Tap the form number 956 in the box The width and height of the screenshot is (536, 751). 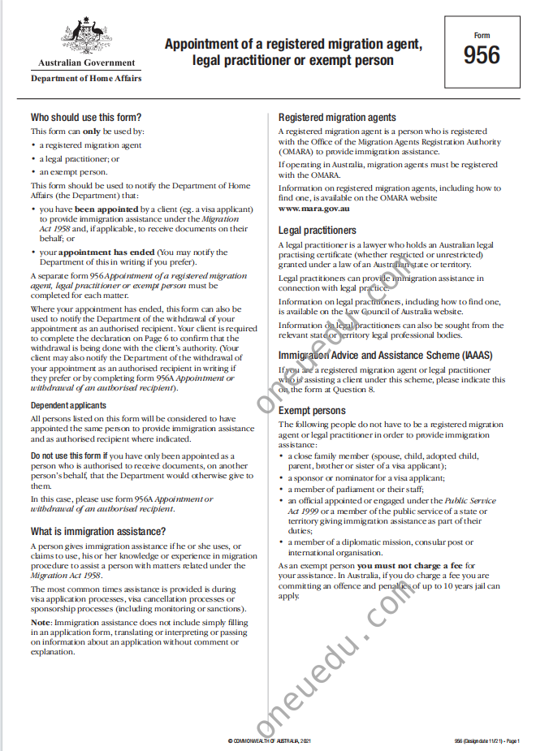point(482,56)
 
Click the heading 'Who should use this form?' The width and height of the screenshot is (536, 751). point(86,117)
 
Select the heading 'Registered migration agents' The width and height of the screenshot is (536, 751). point(337,117)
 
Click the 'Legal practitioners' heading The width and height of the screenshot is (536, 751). point(318,231)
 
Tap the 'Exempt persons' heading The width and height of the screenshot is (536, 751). point(312,411)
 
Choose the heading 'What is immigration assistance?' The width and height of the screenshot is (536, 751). point(98,531)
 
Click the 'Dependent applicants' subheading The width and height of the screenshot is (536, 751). point(68,405)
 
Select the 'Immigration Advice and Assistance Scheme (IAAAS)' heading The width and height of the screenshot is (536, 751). point(386,356)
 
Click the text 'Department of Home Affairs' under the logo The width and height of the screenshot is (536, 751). point(86,78)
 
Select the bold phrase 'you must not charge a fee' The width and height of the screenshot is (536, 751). point(404,565)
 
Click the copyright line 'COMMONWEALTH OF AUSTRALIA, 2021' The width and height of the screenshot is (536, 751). point(269,741)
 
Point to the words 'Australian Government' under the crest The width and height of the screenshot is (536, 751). point(86,63)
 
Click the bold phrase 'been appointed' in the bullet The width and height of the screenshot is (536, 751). point(101,209)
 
